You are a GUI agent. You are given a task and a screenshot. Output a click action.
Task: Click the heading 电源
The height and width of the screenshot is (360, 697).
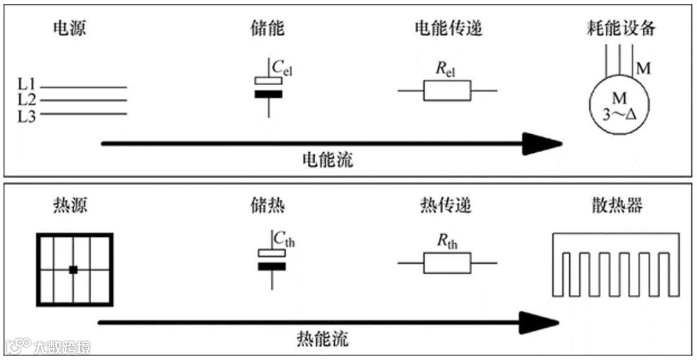point(69,30)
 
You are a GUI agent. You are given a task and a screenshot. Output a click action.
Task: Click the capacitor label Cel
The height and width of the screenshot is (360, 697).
point(283,66)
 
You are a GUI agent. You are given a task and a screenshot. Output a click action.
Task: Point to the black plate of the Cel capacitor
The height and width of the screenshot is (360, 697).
point(268,94)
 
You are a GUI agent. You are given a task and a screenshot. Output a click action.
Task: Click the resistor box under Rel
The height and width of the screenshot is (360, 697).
point(447,91)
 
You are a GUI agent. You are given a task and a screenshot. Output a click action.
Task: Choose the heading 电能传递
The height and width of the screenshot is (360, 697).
point(448,30)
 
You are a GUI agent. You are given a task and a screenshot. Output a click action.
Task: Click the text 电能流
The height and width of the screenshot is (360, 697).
point(328,159)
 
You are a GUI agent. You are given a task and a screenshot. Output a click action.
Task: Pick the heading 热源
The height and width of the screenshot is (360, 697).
point(69,206)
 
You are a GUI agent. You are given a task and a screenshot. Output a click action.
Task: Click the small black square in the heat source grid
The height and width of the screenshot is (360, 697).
point(74,269)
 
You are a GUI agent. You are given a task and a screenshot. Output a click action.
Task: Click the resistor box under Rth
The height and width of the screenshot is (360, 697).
point(447,263)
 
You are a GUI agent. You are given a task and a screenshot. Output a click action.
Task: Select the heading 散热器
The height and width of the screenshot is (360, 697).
point(616,206)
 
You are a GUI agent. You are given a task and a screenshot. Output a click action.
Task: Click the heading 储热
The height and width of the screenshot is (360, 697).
point(267,206)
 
